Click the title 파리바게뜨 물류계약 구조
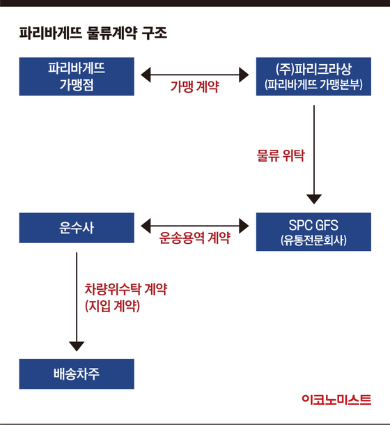tap(93, 33)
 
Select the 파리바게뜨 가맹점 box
tap(77, 77)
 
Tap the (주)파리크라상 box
tap(313, 77)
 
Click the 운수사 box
tap(77, 228)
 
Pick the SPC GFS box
tap(313, 232)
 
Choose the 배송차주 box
tap(77, 373)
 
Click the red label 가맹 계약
tap(194, 86)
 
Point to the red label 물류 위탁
tap(281, 155)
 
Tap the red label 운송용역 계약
tap(194, 238)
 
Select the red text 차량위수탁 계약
tap(126, 289)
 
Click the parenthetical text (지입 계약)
tap(113, 307)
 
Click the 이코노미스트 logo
tap(336, 400)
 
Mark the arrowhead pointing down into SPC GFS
tap(314, 199)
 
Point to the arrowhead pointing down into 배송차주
tap(77, 346)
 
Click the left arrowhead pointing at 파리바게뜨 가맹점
tap(146, 75)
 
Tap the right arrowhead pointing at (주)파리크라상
tap(244, 75)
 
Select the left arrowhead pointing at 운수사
tap(146, 226)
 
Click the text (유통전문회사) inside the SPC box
tap(313, 240)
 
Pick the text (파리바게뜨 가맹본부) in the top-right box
tap(313, 84)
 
